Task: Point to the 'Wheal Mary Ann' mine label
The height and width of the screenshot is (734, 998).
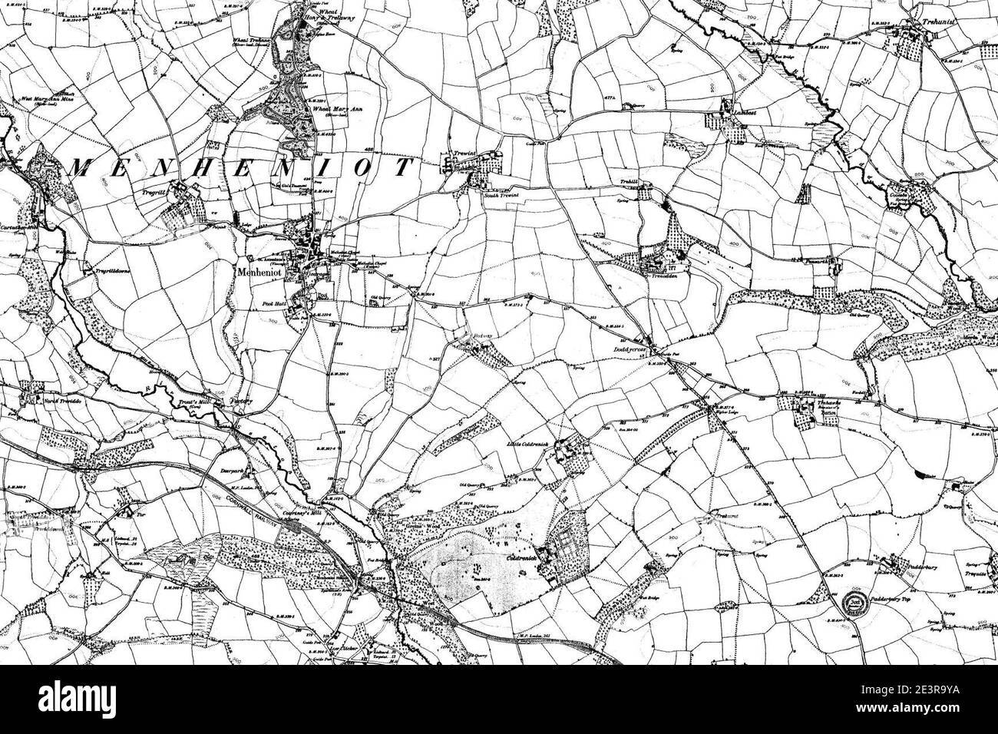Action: pos(335,109)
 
